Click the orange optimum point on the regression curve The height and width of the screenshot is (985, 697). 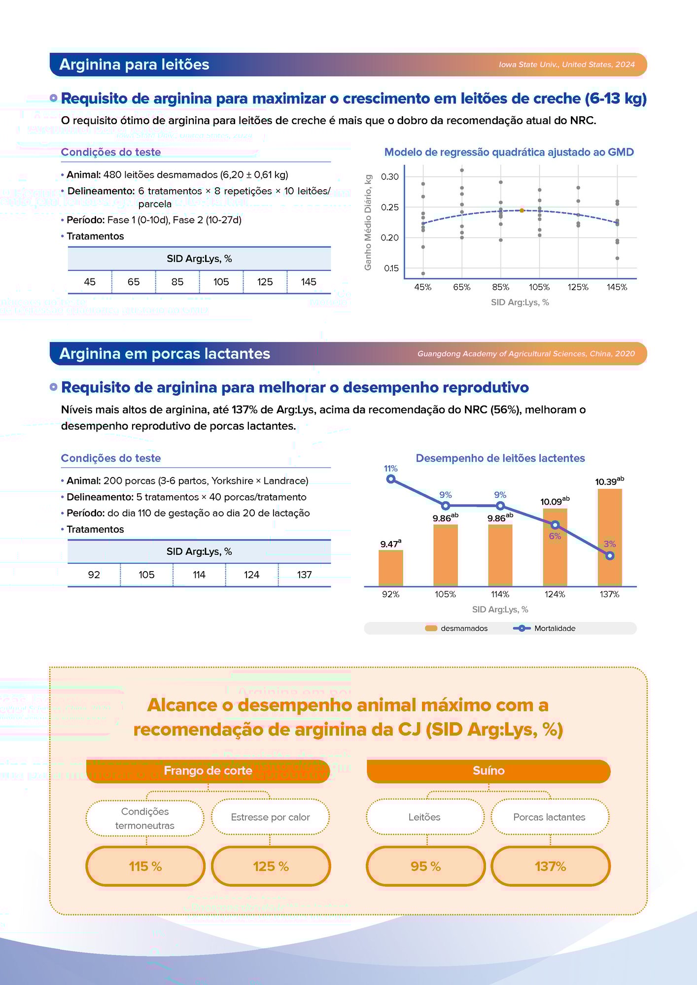(x=522, y=210)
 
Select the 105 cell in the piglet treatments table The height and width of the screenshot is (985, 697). (x=221, y=282)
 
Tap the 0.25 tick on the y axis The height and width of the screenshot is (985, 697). (x=389, y=207)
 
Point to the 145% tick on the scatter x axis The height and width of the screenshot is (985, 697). (x=617, y=287)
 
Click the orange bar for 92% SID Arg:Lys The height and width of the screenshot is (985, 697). (x=390, y=568)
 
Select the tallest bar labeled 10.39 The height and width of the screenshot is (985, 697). (x=609, y=537)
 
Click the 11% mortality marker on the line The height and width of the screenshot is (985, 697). (x=391, y=479)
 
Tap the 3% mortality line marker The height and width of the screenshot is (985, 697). (x=610, y=555)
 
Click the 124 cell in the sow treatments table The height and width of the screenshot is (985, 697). (x=251, y=575)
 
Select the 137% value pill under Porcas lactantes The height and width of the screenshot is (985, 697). (x=550, y=866)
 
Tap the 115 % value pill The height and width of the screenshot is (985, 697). (x=145, y=866)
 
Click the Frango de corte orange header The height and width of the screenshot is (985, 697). (x=208, y=771)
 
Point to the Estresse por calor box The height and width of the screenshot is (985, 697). (x=270, y=817)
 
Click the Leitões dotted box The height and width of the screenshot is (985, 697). (x=424, y=817)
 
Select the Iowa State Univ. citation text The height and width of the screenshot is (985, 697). (x=566, y=65)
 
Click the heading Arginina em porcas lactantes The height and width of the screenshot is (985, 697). (x=165, y=354)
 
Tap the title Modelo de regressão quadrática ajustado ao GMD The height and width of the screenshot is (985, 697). (x=509, y=152)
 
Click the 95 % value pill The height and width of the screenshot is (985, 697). (x=425, y=866)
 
